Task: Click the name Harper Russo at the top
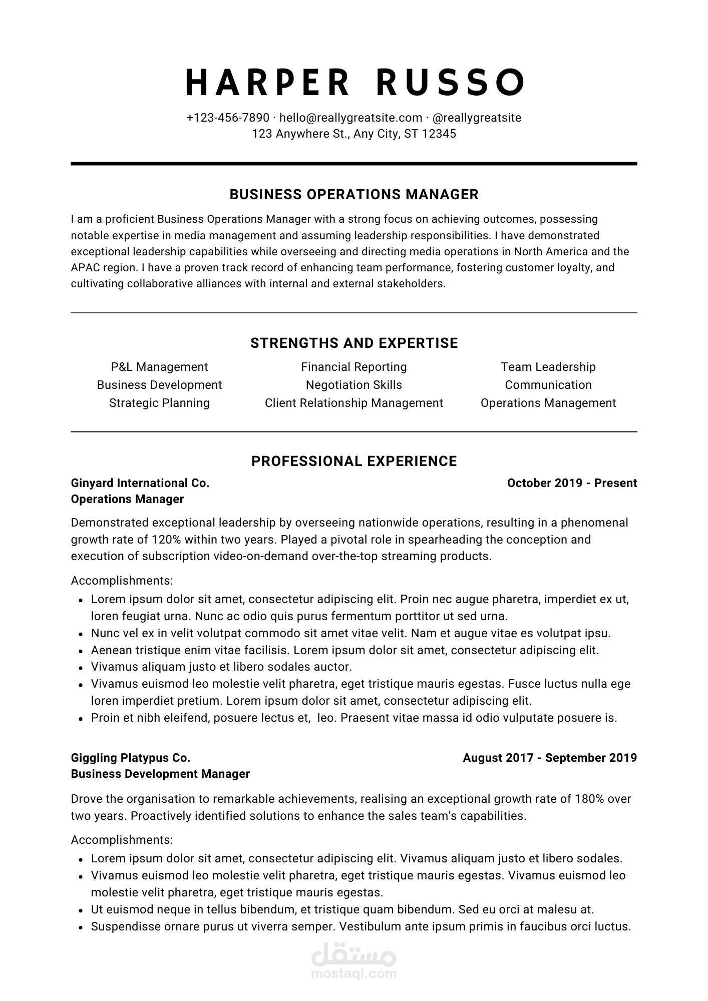[354, 82]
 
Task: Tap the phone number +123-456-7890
[228, 118]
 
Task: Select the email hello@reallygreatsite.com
[350, 118]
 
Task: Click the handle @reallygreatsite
[476, 118]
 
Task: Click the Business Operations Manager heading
[354, 194]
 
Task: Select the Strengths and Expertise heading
[354, 343]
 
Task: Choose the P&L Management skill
[159, 367]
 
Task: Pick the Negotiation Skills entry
[354, 385]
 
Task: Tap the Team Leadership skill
[548, 367]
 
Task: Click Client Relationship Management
[354, 403]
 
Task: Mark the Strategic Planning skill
[159, 403]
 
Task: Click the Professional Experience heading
[354, 461]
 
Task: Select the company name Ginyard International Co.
[140, 483]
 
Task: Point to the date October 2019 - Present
[572, 483]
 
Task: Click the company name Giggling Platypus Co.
[131, 758]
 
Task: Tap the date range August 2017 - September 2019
[550, 758]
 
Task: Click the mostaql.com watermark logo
[354, 963]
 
